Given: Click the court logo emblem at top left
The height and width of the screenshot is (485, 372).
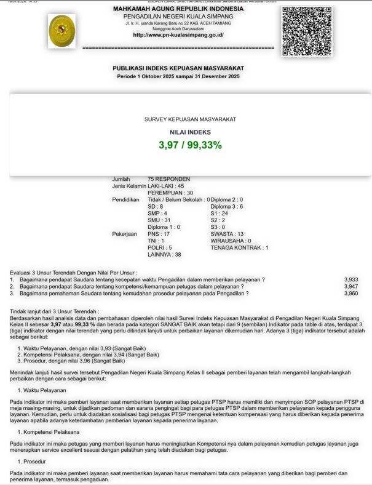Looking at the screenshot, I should (61, 32).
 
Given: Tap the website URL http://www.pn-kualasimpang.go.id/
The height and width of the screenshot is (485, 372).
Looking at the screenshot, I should (178, 35).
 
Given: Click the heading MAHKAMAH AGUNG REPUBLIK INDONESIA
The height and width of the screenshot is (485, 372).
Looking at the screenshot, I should (178, 9).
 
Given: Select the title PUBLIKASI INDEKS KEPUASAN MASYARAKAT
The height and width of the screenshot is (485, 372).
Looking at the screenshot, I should (178, 68).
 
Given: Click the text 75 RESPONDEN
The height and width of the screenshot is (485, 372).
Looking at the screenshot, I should (169, 179).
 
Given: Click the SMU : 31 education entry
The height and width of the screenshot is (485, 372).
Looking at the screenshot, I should (159, 220).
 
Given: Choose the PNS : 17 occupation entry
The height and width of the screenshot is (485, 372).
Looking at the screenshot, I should (159, 234).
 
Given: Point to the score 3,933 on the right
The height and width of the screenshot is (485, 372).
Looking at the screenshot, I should (351, 279).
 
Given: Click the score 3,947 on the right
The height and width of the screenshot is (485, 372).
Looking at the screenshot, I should (351, 287).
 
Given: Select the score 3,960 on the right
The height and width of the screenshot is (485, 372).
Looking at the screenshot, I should (351, 294).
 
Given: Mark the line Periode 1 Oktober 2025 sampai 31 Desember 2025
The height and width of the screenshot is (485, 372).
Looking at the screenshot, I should (178, 76).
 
